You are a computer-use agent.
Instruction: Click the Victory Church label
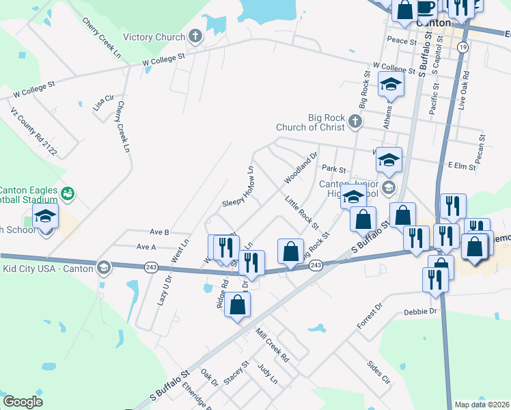click(154, 37)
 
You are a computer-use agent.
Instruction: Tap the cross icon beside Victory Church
click(195, 36)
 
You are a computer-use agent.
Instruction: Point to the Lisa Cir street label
click(103, 104)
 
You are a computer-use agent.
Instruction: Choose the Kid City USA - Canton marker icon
click(103, 266)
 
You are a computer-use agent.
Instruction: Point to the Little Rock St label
click(302, 212)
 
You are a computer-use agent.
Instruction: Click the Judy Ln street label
click(268, 374)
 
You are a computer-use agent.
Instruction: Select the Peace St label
click(401, 41)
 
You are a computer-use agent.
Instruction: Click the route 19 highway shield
click(463, 46)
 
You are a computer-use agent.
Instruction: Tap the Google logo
click(23, 402)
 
